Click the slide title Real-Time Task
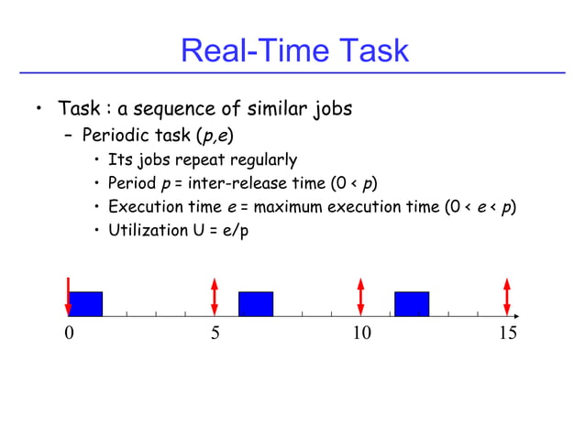pyautogui.click(x=293, y=49)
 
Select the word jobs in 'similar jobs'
pyautogui.click(x=329, y=110)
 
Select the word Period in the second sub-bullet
pyautogui.click(x=133, y=183)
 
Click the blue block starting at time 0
pyautogui.click(x=86, y=303)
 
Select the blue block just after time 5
pyautogui.click(x=256, y=303)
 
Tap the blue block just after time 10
pyautogui.click(x=412, y=303)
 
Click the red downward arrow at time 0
pyautogui.click(x=68, y=294)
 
